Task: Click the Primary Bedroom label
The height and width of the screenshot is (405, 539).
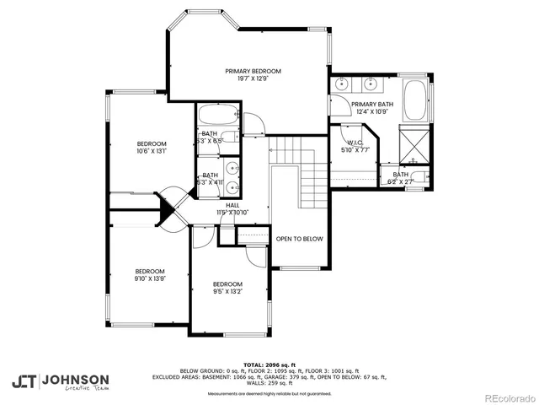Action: [253, 72]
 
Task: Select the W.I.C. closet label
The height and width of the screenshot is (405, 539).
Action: [355, 143]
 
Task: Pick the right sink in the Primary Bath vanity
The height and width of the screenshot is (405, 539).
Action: [371, 84]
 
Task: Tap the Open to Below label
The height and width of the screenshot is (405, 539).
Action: [300, 239]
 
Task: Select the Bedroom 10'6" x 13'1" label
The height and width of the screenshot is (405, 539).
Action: [152, 143]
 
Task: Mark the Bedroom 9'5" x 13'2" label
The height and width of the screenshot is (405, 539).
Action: [227, 284]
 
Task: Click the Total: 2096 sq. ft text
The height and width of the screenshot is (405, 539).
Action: [269, 364]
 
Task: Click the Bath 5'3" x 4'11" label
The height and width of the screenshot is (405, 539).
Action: [210, 179]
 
